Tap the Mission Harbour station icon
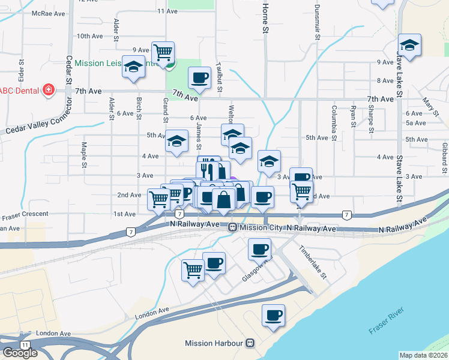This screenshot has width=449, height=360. (x=250, y=343)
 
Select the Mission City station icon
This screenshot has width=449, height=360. (x=232, y=227)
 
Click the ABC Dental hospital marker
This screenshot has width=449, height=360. (x=49, y=91)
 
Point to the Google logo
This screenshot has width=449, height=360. (x=20, y=352)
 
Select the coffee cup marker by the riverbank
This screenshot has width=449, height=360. (x=274, y=316)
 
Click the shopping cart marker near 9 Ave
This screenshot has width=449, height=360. (x=163, y=53)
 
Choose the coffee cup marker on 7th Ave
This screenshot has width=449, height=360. (x=199, y=78)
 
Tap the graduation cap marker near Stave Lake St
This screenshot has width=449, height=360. (x=409, y=46)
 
